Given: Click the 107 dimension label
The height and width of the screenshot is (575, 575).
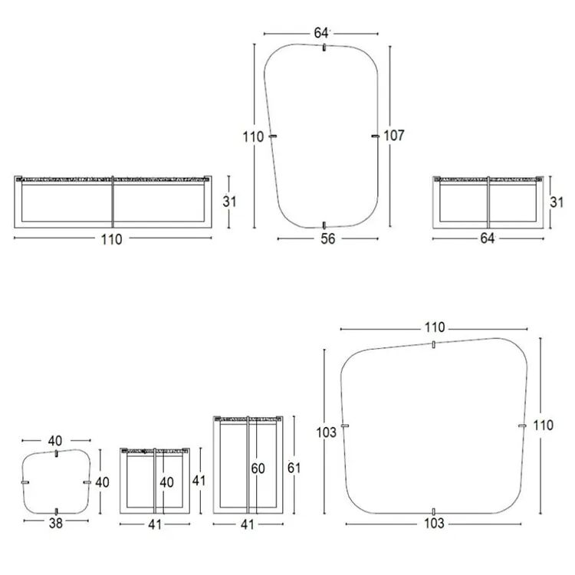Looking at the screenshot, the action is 394,136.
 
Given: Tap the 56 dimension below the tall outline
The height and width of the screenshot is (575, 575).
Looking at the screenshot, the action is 328,238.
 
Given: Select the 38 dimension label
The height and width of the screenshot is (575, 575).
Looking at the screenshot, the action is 56,524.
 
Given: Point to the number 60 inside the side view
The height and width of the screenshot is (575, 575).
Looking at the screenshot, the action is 258,468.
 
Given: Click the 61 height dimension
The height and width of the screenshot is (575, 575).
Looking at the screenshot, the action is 294,468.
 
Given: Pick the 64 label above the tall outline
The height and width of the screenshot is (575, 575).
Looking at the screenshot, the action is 321,33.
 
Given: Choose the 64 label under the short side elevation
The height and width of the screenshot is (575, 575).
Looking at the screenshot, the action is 488,238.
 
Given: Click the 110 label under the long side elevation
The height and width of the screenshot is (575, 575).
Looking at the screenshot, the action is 111,239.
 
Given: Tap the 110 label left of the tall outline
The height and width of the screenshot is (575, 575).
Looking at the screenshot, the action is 253,136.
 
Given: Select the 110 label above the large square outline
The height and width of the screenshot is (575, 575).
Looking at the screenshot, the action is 435,327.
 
